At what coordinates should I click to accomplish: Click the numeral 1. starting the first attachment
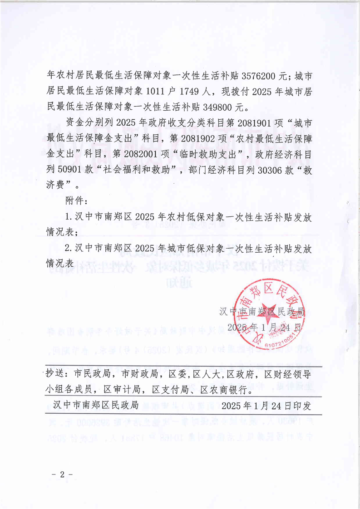69,216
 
